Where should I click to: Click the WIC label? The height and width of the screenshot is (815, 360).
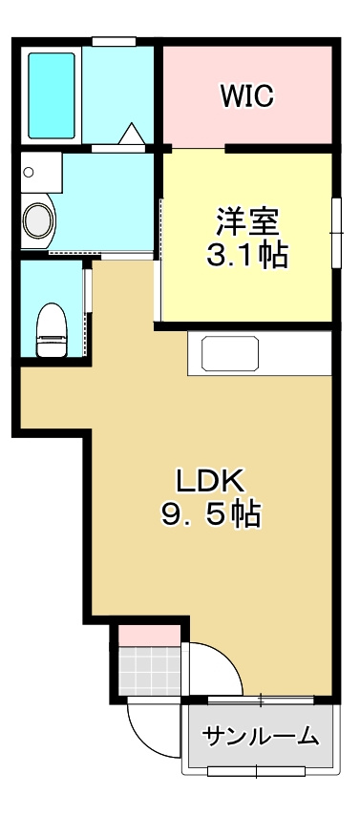246,95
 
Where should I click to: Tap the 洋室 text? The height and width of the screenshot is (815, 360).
246,221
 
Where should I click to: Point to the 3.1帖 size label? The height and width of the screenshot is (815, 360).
246,255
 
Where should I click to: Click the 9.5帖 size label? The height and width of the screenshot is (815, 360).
210,515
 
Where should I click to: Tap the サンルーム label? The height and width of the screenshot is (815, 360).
260,736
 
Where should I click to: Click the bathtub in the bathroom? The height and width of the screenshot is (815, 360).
52,95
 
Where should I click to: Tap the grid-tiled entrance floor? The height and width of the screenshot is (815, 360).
149,671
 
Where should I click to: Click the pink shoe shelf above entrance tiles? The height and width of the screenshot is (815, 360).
149,633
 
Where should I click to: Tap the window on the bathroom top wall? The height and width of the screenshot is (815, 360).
113,39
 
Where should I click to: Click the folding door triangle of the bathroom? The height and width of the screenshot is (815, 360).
132,135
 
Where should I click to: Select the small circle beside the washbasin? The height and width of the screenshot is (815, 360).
28,173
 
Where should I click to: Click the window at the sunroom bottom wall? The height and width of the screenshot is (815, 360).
258,769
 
